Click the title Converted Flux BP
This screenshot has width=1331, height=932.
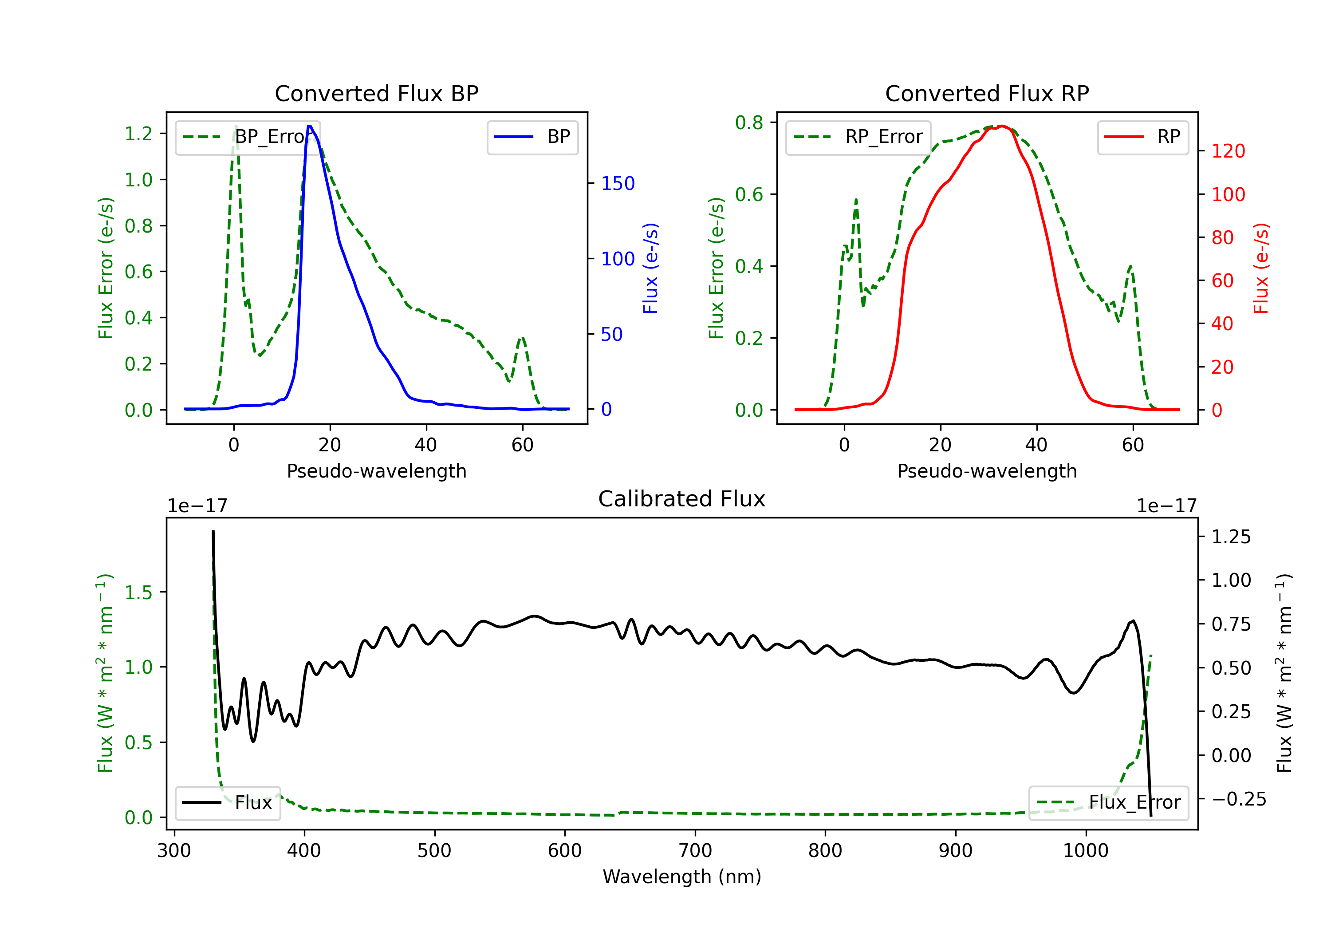(x=376, y=93)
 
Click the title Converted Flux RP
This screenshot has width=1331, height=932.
(x=987, y=93)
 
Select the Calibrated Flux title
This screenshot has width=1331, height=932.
(x=682, y=499)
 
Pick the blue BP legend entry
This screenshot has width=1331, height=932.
(x=532, y=137)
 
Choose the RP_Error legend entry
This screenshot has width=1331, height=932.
(x=858, y=137)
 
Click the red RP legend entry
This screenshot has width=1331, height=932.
(x=1142, y=137)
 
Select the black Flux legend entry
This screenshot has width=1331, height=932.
(x=227, y=803)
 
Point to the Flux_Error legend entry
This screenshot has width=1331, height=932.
(x=1108, y=803)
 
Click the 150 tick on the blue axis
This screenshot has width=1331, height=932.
(x=618, y=183)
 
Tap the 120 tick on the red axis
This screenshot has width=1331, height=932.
(x=1228, y=151)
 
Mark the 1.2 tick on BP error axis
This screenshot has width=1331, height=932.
(x=138, y=134)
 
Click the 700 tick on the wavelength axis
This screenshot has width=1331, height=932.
(x=695, y=851)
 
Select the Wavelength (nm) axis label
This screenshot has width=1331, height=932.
(x=682, y=877)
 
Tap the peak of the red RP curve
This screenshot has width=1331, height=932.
(x=1002, y=126)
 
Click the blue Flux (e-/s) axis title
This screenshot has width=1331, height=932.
(x=650, y=269)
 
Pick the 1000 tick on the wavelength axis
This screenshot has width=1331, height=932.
(x=1085, y=851)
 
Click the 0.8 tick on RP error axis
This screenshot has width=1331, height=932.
(x=749, y=122)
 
